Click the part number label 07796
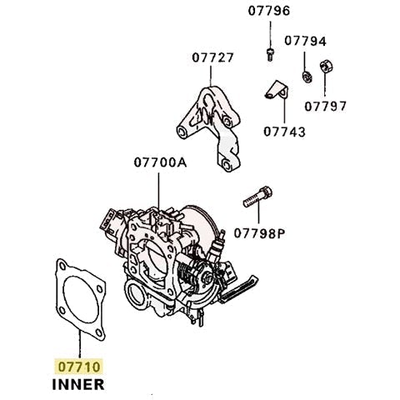pyautogui.click(x=269, y=12)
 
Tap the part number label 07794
pyautogui.click(x=305, y=40)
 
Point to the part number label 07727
pyautogui.click(x=212, y=58)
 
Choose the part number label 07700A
pyautogui.click(x=159, y=163)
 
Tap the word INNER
pyautogui.click(x=77, y=384)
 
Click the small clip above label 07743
pyautogui.click(x=273, y=93)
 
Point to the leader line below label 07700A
pyautogui.click(x=159, y=187)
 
